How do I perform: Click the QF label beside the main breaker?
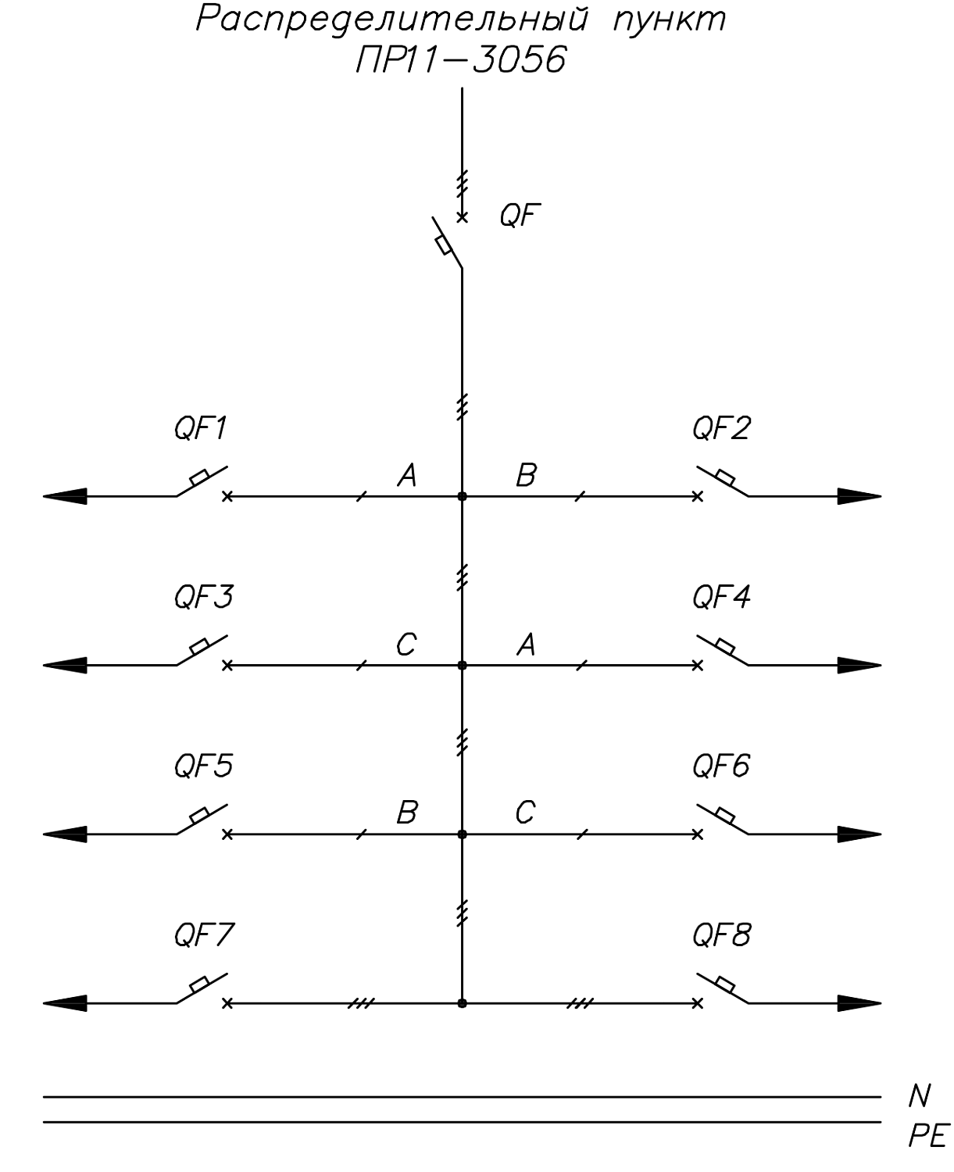(x=520, y=216)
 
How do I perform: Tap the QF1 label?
(x=200, y=429)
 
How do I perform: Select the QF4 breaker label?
(x=721, y=598)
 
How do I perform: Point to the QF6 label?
(x=721, y=766)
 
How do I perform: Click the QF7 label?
(x=204, y=935)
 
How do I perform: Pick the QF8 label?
(x=722, y=935)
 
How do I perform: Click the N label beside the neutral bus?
(x=920, y=1095)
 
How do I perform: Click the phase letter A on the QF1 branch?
(x=407, y=475)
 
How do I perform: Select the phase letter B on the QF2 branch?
(x=526, y=475)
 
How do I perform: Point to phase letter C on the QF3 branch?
(x=406, y=645)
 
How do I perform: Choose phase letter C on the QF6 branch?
(x=525, y=812)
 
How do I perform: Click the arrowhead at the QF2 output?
(x=859, y=496)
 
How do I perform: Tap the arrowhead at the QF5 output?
(x=65, y=834)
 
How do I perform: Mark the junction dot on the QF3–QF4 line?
(x=462, y=666)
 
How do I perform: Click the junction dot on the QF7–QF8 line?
(x=462, y=1004)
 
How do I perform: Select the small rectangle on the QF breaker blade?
(x=444, y=245)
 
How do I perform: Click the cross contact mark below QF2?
(x=698, y=496)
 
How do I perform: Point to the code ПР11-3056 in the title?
(x=461, y=59)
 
